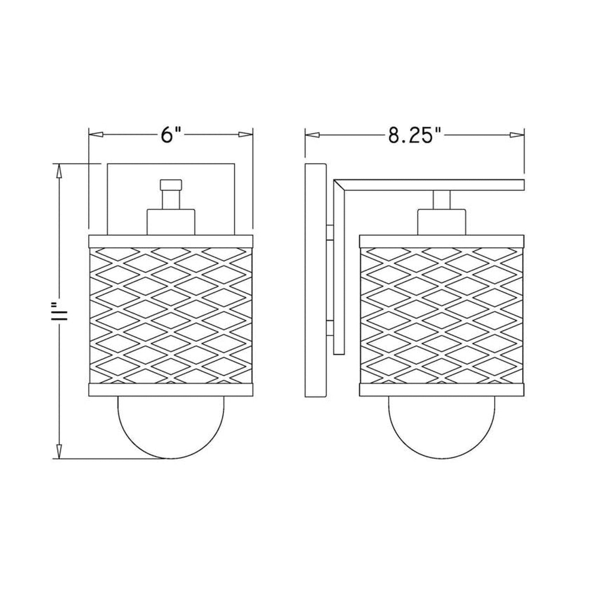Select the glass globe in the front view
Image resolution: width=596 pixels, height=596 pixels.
coord(171,427)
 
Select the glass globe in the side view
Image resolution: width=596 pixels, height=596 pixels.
coord(442,427)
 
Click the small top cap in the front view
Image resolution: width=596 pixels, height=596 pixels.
coord(171,184)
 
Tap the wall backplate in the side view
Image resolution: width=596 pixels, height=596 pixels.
coord(315,280)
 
